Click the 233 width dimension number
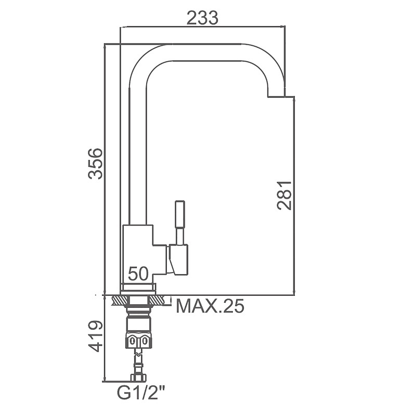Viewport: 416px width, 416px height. [x=202, y=18]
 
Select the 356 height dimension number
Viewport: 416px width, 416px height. [x=95, y=163]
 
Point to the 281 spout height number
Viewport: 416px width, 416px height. [x=284, y=196]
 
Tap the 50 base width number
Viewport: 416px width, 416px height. [x=138, y=274]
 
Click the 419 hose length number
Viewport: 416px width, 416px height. [x=95, y=336]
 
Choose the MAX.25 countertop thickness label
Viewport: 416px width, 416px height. [x=210, y=306]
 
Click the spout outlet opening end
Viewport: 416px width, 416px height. [x=276, y=96]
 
